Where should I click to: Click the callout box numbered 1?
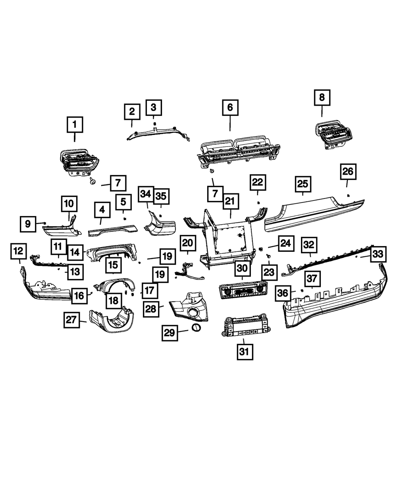pyautogui.click(x=75, y=125)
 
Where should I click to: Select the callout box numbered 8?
pyautogui.click(x=322, y=98)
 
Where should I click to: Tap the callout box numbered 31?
pyautogui.click(x=245, y=352)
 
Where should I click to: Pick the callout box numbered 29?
pyautogui.click(x=170, y=333)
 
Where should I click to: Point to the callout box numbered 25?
pyautogui.click(x=303, y=184)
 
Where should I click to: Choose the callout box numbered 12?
pyautogui.click(x=19, y=251)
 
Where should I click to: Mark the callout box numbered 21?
pyautogui.click(x=231, y=202)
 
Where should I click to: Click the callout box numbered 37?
pyautogui.click(x=312, y=279)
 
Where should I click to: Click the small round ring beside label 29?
pyautogui.click(x=196, y=328)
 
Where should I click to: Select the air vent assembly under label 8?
pyautogui.click(x=333, y=135)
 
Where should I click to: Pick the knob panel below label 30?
pyautogui.click(x=243, y=290)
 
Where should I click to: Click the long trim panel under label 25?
pyautogui.click(x=314, y=214)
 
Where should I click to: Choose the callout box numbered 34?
pyautogui.click(x=146, y=195)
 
